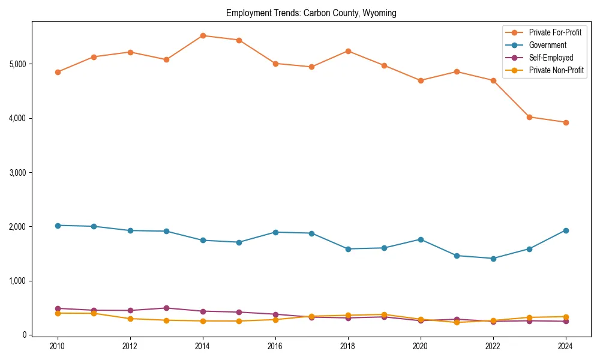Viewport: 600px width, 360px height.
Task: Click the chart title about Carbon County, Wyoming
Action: click(x=311, y=13)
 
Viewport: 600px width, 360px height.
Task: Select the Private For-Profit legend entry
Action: click(x=555, y=32)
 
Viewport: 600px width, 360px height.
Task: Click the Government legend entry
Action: click(x=547, y=45)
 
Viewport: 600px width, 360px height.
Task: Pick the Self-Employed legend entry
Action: click(x=551, y=58)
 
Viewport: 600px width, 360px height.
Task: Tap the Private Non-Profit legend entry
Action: click(x=556, y=71)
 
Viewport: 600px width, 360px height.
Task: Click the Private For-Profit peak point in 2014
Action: click(x=203, y=35)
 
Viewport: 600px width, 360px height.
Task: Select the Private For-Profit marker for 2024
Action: click(x=566, y=122)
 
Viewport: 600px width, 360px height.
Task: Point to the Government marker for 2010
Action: click(x=58, y=225)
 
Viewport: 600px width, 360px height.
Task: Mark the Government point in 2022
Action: click(x=493, y=259)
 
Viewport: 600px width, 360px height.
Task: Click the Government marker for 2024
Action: click(x=566, y=230)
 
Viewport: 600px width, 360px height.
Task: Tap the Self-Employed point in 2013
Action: click(x=166, y=308)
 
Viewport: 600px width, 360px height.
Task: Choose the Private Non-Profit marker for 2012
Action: click(x=130, y=319)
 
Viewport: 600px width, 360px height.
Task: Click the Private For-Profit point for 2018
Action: click(x=348, y=51)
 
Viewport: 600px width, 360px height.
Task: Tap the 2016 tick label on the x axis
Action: click(x=275, y=346)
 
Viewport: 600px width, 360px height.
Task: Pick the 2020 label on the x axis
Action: click(x=421, y=346)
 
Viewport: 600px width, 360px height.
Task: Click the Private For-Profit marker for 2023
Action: click(x=529, y=117)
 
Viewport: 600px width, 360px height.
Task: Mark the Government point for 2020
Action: click(x=421, y=239)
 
